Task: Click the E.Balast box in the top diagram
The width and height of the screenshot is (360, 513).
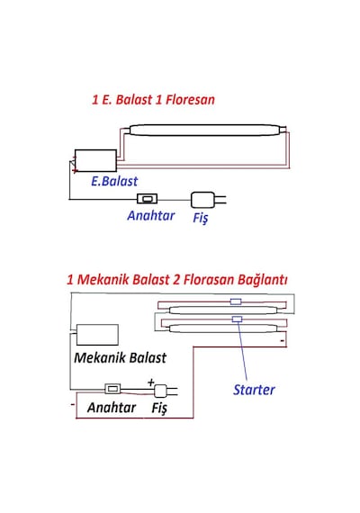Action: click(x=95, y=160)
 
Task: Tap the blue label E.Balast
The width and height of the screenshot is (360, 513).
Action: click(x=114, y=181)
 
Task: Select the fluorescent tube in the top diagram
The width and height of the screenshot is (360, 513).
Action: click(x=205, y=130)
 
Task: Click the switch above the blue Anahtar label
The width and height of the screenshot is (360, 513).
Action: click(x=147, y=198)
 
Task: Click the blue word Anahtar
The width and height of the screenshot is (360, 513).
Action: click(x=151, y=216)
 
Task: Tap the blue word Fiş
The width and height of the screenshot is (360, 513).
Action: click(x=201, y=218)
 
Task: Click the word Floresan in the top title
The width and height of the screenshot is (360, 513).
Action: click(x=190, y=100)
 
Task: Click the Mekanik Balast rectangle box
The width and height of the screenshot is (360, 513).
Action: click(x=97, y=335)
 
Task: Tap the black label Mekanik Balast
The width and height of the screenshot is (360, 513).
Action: click(x=120, y=357)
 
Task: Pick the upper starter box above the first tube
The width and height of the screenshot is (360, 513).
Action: click(x=236, y=301)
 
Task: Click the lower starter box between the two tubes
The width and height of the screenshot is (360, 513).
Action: click(x=237, y=319)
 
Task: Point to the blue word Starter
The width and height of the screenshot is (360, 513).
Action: click(x=254, y=390)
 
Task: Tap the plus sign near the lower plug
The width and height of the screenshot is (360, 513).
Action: click(x=151, y=382)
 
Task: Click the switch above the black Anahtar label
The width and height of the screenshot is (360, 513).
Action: click(x=112, y=389)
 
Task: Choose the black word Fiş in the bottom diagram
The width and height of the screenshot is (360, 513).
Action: click(x=159, y=408)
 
